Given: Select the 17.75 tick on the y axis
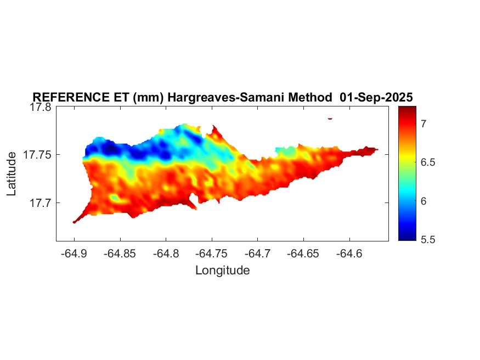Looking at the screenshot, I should [37, 155].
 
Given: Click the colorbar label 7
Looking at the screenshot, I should [408, 124].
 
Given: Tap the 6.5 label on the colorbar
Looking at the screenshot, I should [414, 163].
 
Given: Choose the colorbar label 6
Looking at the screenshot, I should [408, 202].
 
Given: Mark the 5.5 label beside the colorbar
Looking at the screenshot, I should [414, 240].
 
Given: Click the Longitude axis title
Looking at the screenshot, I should [222, 270].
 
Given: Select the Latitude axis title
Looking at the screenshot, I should [13, 175].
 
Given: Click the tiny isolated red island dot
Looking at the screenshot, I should [330, 118].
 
